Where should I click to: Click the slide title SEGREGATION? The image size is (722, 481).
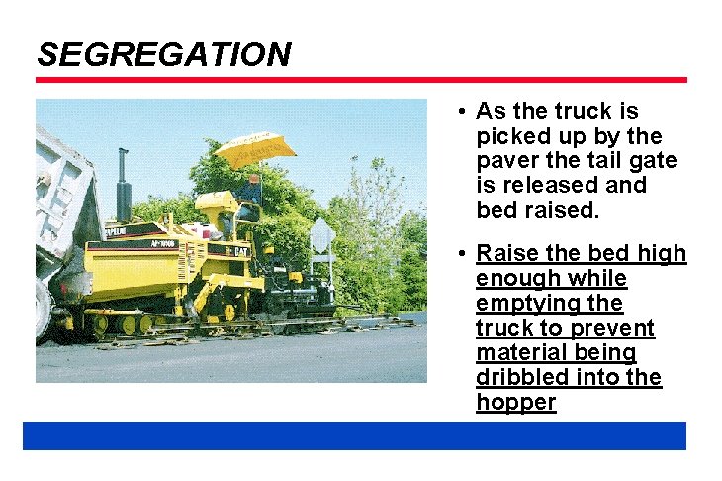click(x=164, y=53)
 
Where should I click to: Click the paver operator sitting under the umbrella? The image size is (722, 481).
click(x=250, y=193)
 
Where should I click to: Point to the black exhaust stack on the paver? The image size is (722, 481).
click(x=124, y=183)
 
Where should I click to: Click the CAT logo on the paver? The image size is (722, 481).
click(x=240, y=251)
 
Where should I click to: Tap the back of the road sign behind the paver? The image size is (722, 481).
click(x=322, y=236)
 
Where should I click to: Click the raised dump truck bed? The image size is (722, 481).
click(x=61, y=198)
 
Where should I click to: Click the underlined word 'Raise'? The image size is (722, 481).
click(x=505, y=254)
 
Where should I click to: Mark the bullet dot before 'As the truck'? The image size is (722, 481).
click(x=462, y=112)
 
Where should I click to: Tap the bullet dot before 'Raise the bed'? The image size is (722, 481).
click(x=462, y=255)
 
